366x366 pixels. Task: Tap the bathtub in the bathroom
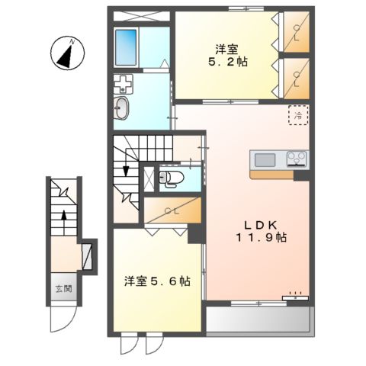coord(125,47)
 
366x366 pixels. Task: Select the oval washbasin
coord(122,108)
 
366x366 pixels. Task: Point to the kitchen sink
coord(265,159)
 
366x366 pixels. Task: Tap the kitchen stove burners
coord(297,159)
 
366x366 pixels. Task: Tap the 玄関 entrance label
coord(63,289)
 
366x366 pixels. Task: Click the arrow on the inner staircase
coord(123,172)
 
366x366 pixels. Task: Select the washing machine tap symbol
coord(122,82)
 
